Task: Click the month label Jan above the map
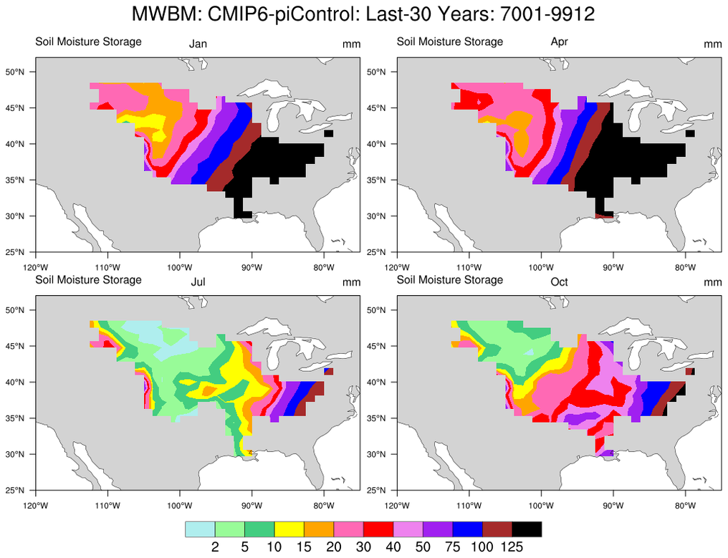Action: pyautogui.click(x=198, y=44)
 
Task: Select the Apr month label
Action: pyautogui.click(x=559, y=42)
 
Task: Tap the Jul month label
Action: pyautogui.click(x=198, y=282)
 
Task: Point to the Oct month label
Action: pyautogui.click(x=559, y=282)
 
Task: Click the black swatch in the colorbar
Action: pyautogui.click(x=527, y=529)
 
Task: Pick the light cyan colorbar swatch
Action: pyautogui.click(x=200, y=529)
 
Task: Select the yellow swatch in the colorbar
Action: pyautogui.click(x=289, y=529)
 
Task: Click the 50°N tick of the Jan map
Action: pyautogui.click(x=16, y=72)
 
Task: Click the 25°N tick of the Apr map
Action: pyautogui.click(x=377, y=252)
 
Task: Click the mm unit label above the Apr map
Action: pyautogui.click(x=712, y=44)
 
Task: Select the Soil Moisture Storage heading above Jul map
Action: pyautogui.click(x=89, y=279)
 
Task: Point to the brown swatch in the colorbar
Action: pyautogui.click(x=497, y=529)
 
